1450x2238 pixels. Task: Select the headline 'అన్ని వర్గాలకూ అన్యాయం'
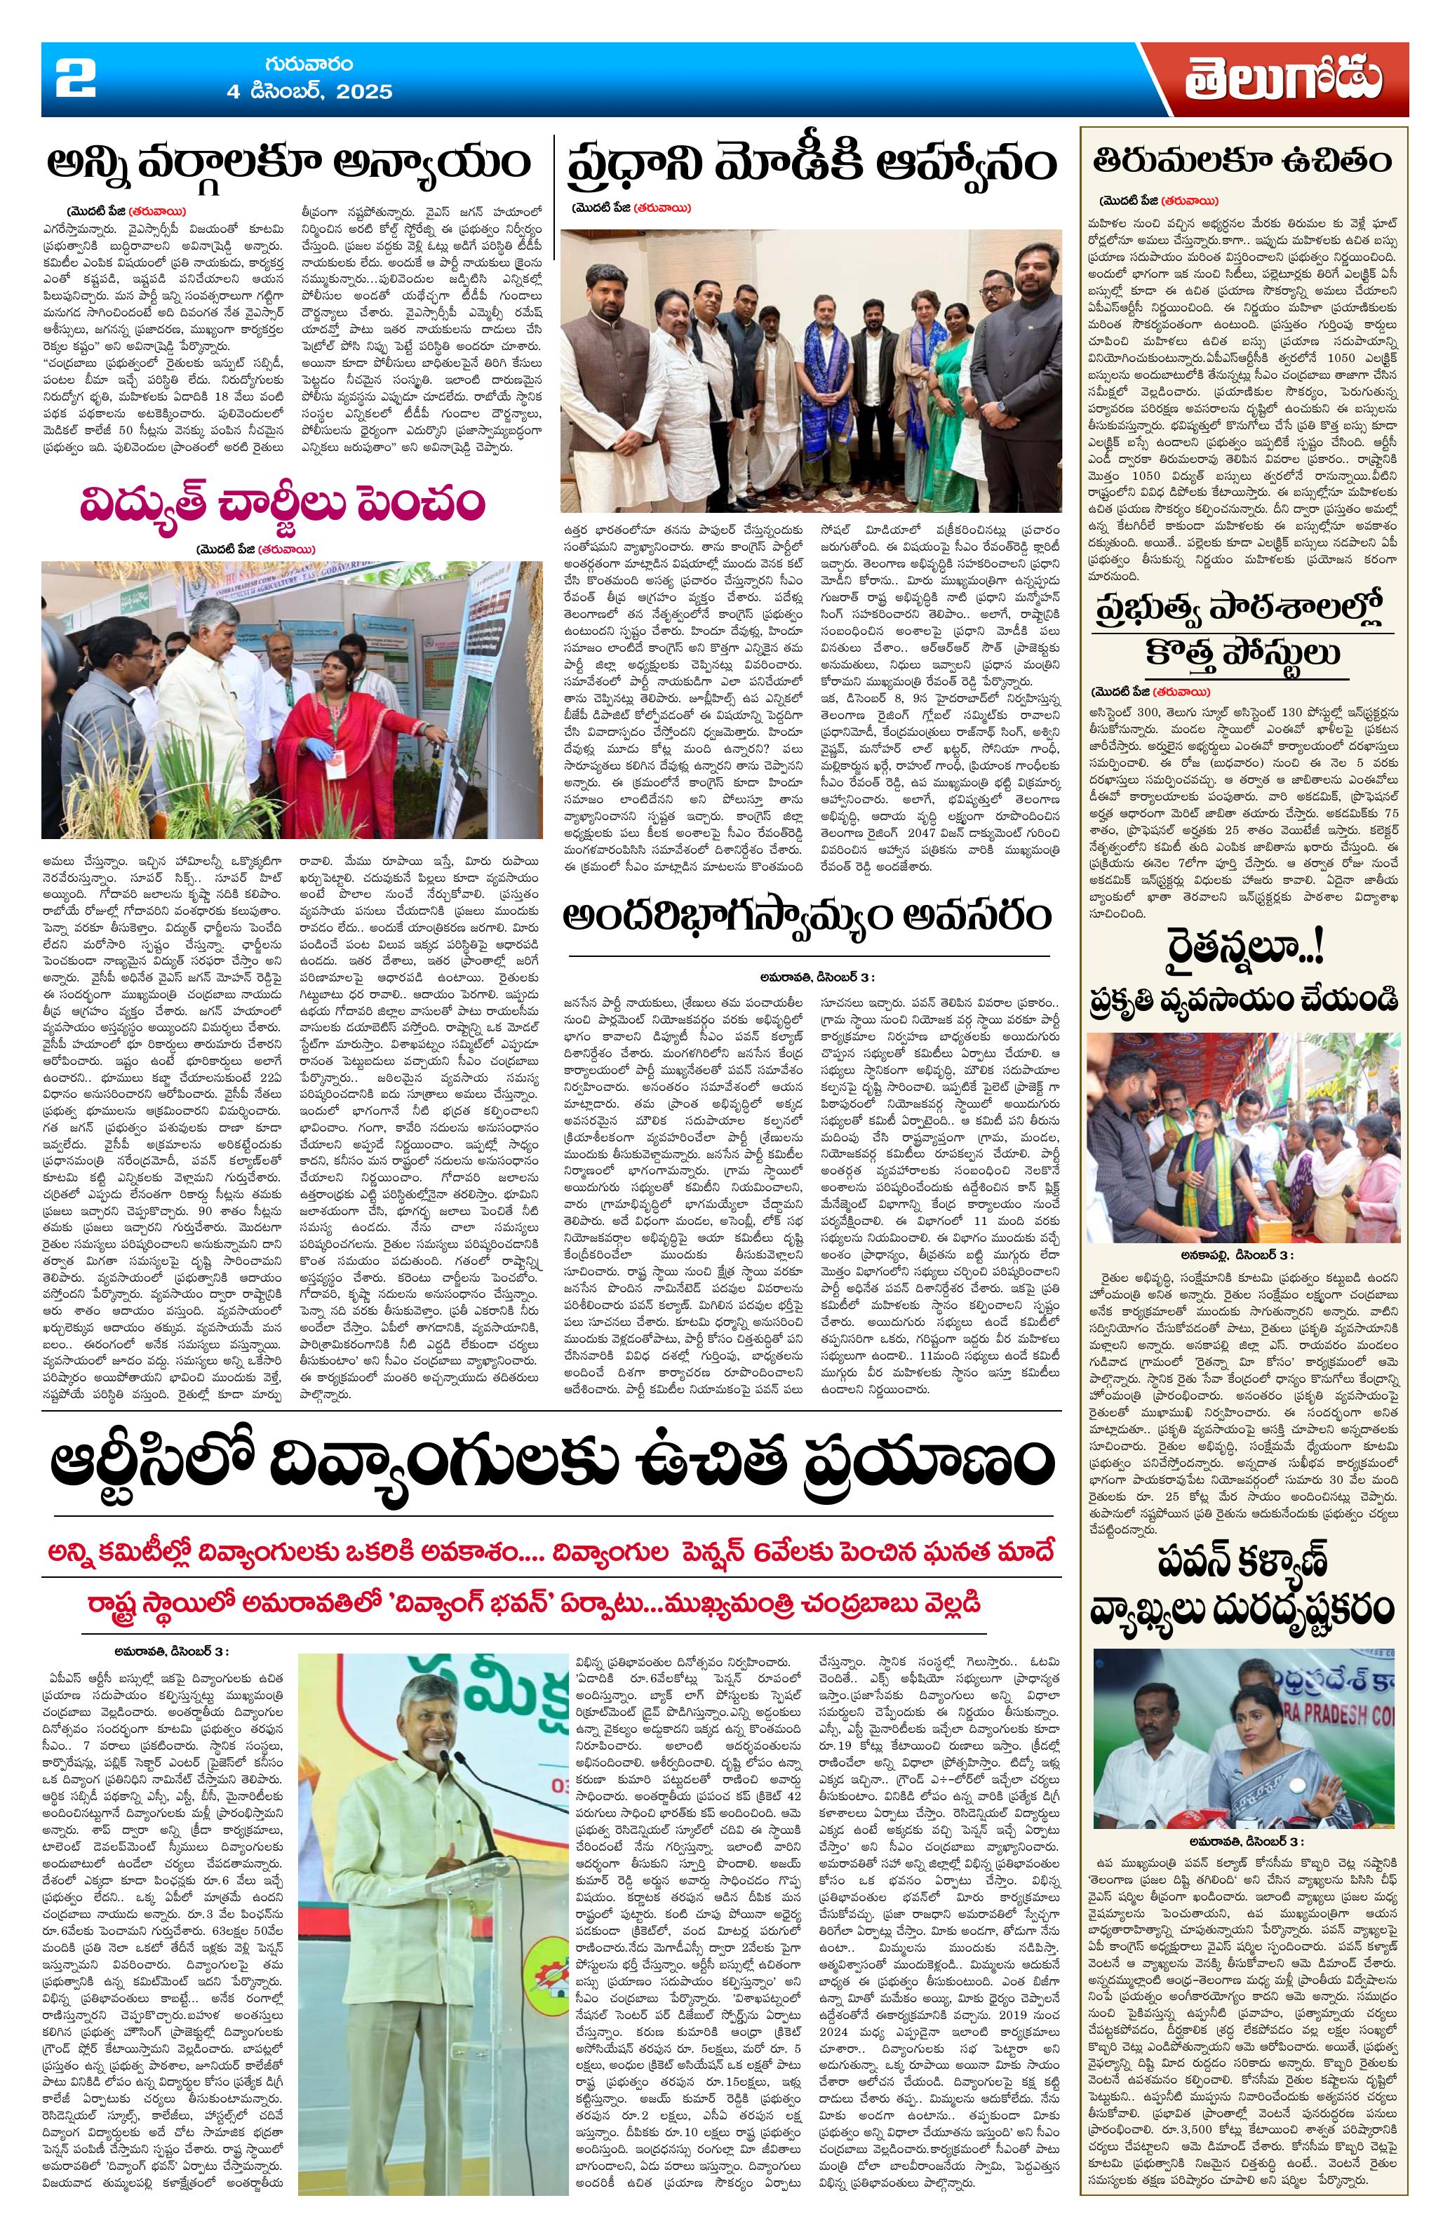tap(290, 165)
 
